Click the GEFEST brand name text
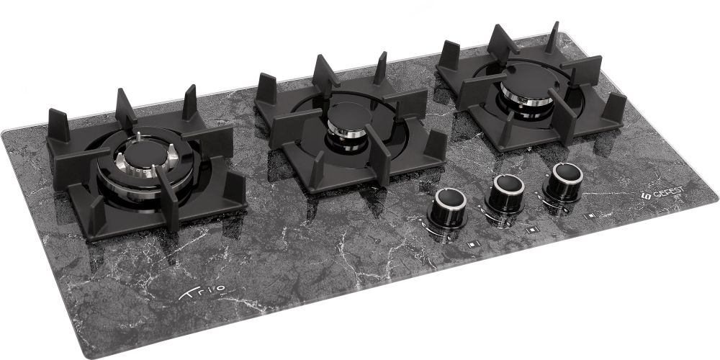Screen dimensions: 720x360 click(x=668, y=192)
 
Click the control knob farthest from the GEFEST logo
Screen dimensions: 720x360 click(x=447, y=208)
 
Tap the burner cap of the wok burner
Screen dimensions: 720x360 click(x=146, y=153)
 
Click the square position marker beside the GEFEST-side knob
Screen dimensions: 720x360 click(x=590, y=215)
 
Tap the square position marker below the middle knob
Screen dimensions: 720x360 click(x=532, y=230)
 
